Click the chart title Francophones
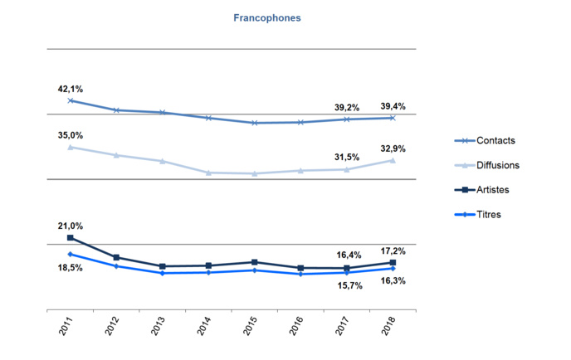point(266,17)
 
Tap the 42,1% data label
point(71,89)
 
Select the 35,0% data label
point(71,135)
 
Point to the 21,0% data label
point(71,226)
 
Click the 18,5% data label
point(71,268)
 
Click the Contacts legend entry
point(494,141)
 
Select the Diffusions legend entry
point(498,165)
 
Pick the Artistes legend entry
point(493,189)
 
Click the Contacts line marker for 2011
point(71,100)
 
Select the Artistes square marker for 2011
point(71,238)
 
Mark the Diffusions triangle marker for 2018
point(392,160)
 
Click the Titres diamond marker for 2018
point(392,268)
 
